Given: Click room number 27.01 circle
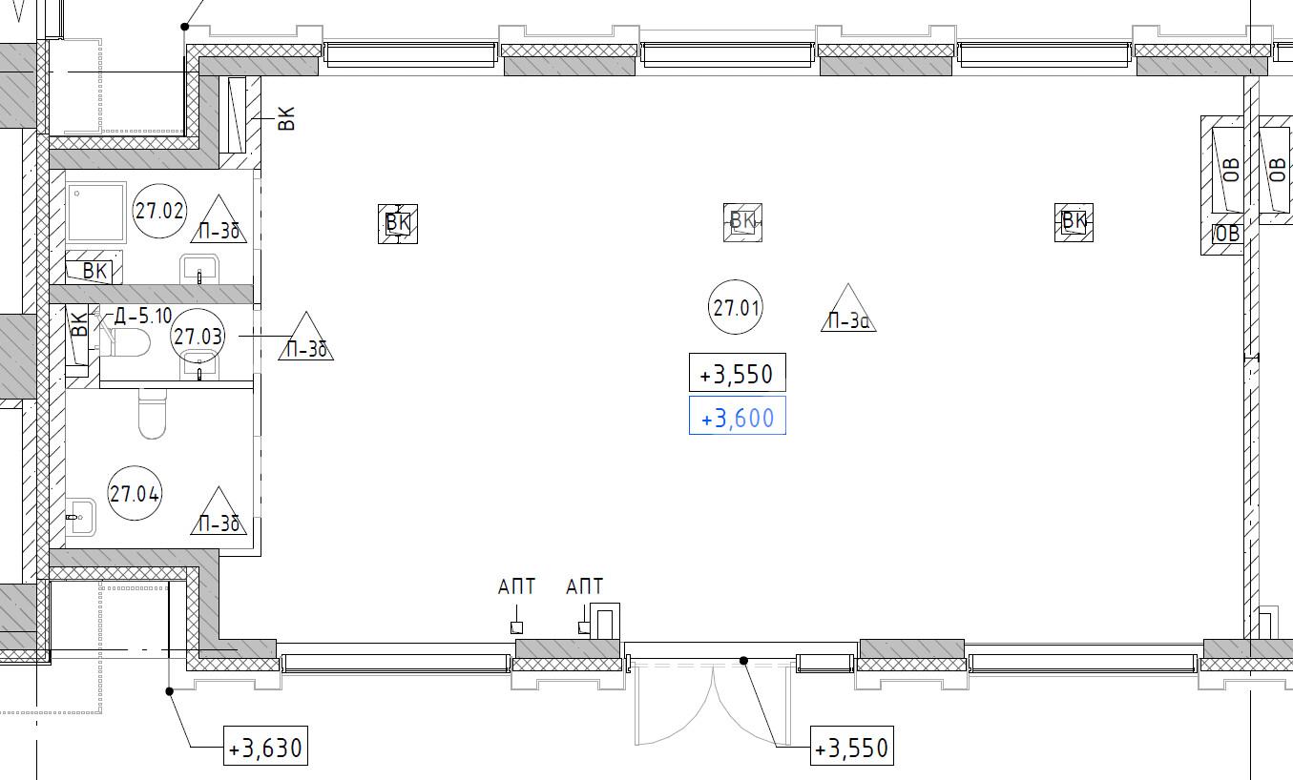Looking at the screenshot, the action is (736, 307).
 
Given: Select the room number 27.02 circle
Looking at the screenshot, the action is (159, 211).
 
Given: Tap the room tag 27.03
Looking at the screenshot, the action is (198, 336).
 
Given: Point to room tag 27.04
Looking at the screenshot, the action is (136, 493).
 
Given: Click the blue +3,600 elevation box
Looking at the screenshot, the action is (737, 416).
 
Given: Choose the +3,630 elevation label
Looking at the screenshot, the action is (265, 746).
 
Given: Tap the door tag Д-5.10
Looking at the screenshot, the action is (143, 317).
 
